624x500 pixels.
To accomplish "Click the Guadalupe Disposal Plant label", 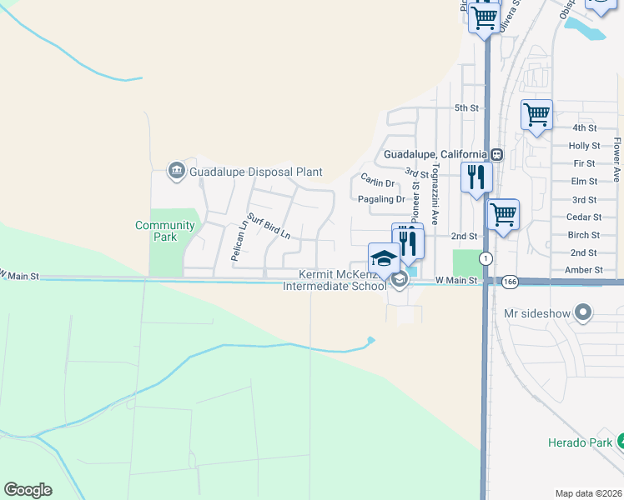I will coord(255,172).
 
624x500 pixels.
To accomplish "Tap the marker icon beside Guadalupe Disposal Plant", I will coord(176,172).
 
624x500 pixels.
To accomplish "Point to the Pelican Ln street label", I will coord(239,241).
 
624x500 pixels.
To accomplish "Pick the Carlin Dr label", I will coord(377,182).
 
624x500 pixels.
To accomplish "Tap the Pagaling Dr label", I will coord(380,199).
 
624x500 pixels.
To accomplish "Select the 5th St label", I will coord(466,108).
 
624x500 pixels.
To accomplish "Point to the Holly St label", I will coord(584,146).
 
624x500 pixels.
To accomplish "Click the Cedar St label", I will coord(584,217).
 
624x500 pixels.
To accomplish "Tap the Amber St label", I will coord(584,270).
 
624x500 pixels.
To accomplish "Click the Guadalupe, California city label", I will coord(435,154).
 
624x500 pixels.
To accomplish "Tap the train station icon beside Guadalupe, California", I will coord(496,154).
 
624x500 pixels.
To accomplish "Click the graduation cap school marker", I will coord(384,257).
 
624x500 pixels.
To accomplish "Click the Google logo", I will coord(28,490).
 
